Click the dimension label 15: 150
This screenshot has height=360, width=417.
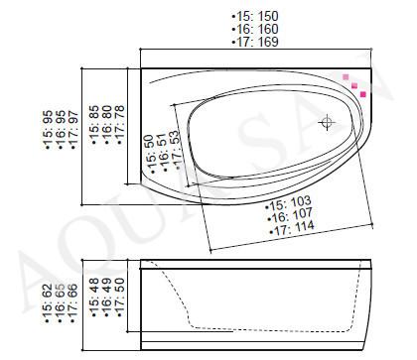(x=255, y=16)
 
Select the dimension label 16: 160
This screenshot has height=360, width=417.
(x=255, y=29)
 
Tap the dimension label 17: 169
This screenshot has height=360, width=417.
(x=255, y=42)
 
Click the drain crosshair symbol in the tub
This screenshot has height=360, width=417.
(x=327, y=122)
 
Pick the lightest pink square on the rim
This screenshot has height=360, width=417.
(x=346, y=77)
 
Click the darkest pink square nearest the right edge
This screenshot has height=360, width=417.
(x=363, y=94)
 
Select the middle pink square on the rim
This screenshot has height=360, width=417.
(x=354, y=86)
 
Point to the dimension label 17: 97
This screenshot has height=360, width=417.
(x=73, y=130)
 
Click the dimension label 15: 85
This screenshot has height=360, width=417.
(x=94, y=125)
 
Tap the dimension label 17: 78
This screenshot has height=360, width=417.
(x=119, y=125)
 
